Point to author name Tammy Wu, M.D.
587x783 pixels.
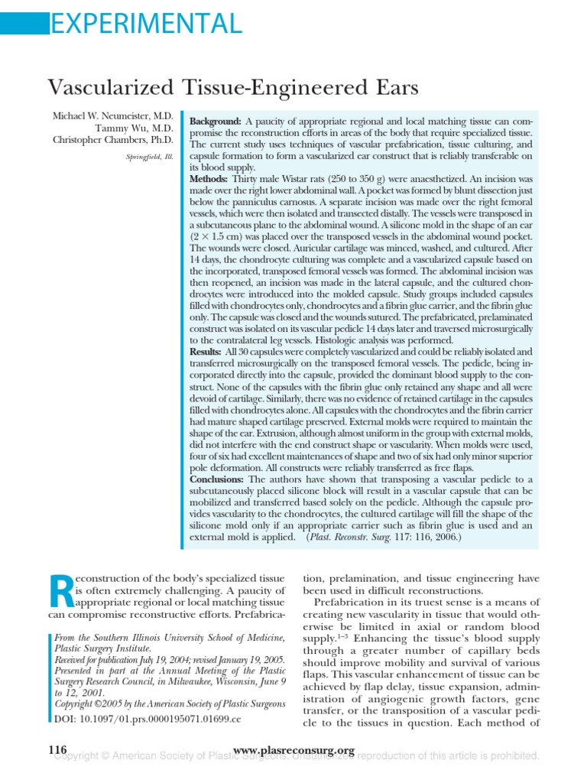pyautogui.click(x=137, y=128)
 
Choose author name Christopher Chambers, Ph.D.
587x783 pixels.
pyautogui.click(x=113, y=140)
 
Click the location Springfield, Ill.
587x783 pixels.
pyautogui.click(x=150, y=157)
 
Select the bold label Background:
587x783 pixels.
pyautogui.click(x=216, y=122)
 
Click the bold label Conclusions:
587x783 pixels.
pyautogui.click(x=221, y=479)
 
